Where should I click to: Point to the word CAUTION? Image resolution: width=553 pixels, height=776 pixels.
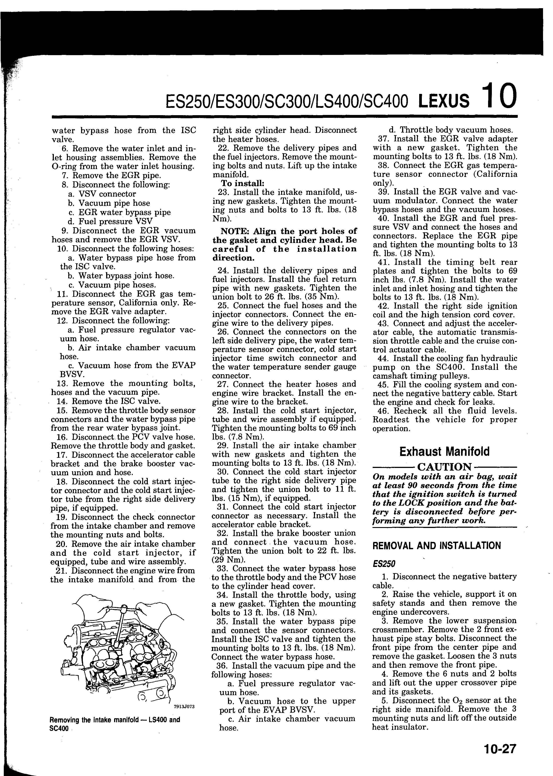click(x=444, y=467)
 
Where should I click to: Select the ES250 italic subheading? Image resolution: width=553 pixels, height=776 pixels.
click(x=384, y=564)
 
